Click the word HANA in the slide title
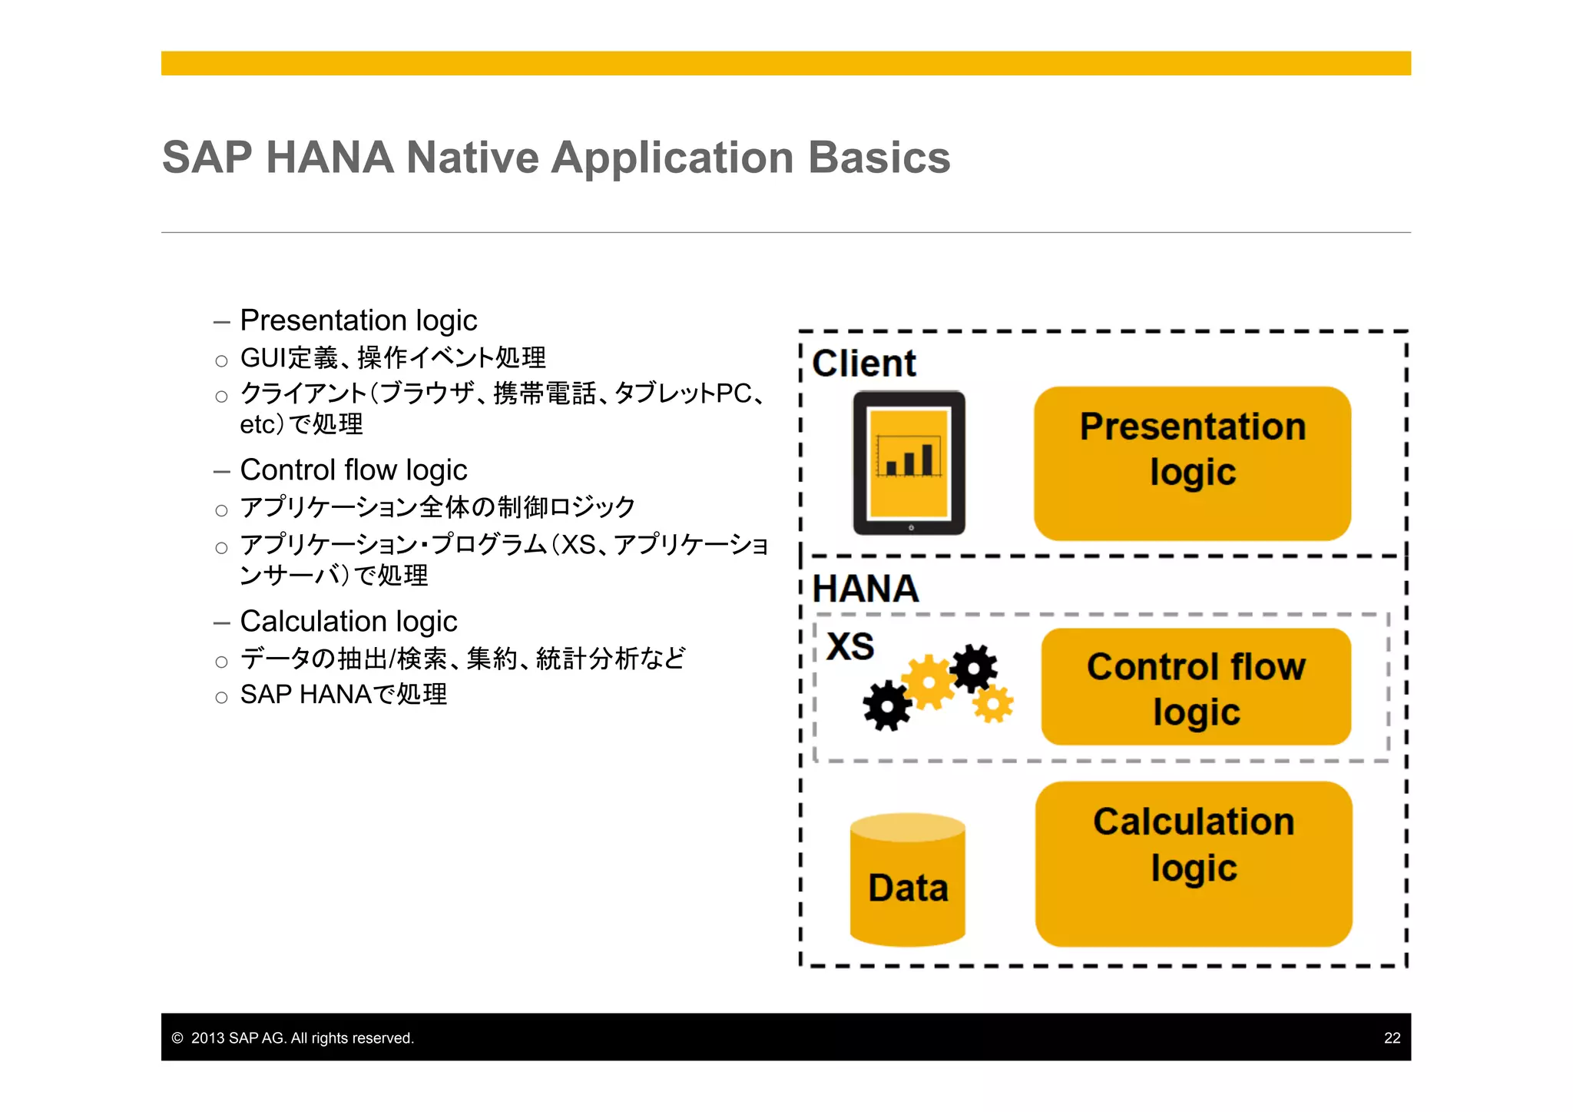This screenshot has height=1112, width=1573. point(330,158)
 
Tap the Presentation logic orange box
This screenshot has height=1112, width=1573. point(1192,463)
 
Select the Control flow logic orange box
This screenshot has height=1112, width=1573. point(1196,687)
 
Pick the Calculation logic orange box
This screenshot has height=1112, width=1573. point(1194,864)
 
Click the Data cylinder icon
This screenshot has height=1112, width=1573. point(908,881)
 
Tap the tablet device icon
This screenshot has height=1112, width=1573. point(909,463)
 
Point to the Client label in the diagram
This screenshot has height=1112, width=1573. point(864,363)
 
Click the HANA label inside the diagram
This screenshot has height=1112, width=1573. point(866,589)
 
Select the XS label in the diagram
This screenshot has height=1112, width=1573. point(850,646)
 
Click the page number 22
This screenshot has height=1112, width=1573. point(1392,1038)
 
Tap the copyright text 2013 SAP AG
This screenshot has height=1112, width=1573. point(301,1038)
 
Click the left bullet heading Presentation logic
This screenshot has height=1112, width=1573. point(358,320)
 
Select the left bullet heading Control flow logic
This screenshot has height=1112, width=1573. point(353,470)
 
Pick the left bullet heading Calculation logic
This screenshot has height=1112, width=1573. point(348,622)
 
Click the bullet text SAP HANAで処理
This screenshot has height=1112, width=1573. point(343,695)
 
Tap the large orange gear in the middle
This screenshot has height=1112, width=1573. point(929,681)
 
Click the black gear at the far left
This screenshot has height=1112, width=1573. point(887,705)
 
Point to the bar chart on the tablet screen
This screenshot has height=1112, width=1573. point(909,458)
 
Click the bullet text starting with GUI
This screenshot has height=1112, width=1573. point(392,358)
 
